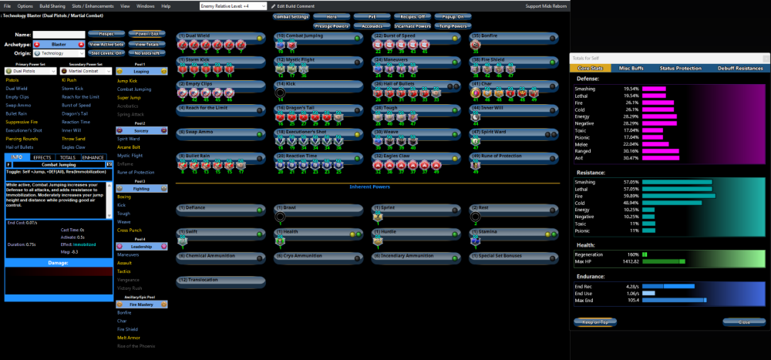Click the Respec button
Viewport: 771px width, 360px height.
click(106, 34)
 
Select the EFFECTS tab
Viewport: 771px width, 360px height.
click(42, 157)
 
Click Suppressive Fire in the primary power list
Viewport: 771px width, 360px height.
click(22, 121)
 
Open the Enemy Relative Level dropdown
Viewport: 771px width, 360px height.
click(232, 5)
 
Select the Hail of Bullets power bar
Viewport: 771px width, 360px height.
click(409, 84)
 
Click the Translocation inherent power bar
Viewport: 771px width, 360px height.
click(221, 280)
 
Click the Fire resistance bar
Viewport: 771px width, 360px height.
click(678, 196)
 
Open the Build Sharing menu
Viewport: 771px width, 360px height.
click(53, 5)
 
